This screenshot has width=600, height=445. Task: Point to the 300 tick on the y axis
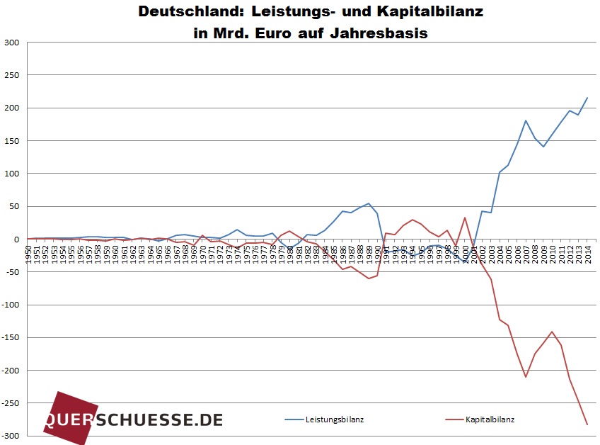click(x=11, y=43)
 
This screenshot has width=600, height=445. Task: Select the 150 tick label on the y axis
click(x=11, y=141)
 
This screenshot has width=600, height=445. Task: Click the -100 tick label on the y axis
click(x=10, y=305)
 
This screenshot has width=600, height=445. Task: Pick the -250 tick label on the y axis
click(x=10, y=403)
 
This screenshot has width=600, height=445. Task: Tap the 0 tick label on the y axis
click(x=16, y=240)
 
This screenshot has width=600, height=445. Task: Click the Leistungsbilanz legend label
click(x=335, y=419)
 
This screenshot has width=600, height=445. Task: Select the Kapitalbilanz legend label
click(x=490, y=419)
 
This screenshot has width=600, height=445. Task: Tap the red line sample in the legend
click(x=445, y=419)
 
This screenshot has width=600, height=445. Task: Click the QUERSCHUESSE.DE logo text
click(x=134, y=419)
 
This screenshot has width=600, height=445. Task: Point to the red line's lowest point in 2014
click(x=587, y=424)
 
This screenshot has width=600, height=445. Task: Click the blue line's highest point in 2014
click(x=587, y=98)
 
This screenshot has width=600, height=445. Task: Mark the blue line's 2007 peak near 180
click(x=526, y=120)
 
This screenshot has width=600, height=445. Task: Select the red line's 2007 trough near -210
click(x=526, y=377)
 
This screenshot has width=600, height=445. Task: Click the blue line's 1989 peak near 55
click(x=369, y=203)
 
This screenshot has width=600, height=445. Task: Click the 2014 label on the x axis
click(x=587, y=254)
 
